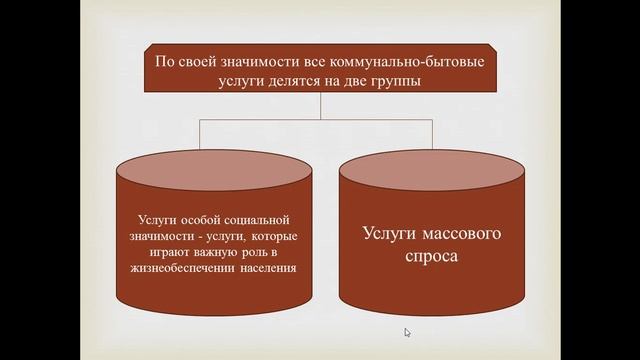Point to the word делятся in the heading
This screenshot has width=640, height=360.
[287, 84]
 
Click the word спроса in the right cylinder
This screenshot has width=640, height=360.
[435, 258]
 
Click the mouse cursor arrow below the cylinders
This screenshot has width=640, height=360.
[407, 332]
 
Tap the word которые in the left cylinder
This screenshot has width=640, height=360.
[276, 236]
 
